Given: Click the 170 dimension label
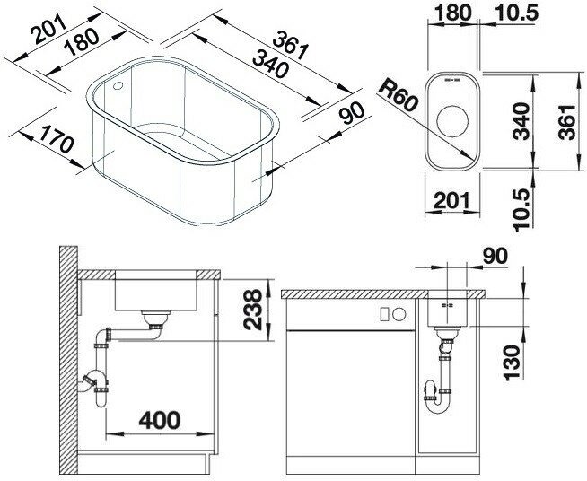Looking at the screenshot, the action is click(57, 139).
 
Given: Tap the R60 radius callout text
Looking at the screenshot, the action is click(398, 96).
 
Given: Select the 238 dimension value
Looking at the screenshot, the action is click(253, 310).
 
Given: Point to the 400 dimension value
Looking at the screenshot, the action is click(160, 420).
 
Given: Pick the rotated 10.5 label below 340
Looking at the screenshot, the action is click(523, 209).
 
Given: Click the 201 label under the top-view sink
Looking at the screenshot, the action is click(451, 200).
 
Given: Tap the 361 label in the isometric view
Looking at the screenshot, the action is click(290, 45).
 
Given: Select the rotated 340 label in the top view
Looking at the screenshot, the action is click(521, 121).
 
